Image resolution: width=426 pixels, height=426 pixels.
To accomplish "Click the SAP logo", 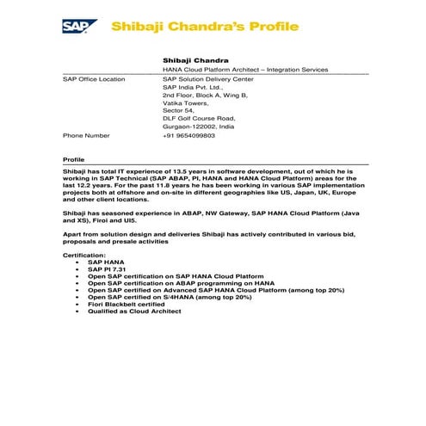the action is (x=79, y=26).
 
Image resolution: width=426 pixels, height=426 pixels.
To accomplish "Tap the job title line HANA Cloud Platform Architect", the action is (x=244, y=68).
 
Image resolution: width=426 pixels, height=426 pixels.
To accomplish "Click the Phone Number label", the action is (x=86, y=135).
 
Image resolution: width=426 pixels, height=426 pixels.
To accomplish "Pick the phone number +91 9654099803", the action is (x=189, y=135).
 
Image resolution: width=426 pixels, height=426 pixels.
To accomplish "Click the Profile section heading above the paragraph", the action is (x=74, y=160).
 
